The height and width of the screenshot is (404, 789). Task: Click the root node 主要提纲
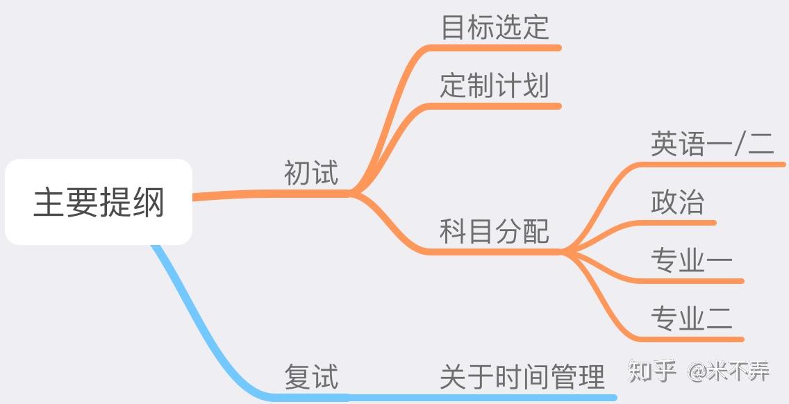(99, 202)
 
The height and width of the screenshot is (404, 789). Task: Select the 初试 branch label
(310, 173)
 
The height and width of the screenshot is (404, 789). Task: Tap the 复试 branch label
(310, 377)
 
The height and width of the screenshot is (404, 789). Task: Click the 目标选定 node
(495, 27)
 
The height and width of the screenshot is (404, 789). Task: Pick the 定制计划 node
(495, 86)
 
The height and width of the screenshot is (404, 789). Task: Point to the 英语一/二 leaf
(712, 144)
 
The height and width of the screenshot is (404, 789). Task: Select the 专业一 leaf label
(691, 260)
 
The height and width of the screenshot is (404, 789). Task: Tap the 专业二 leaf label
(691, 319)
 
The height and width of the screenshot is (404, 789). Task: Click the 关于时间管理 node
(522, 377)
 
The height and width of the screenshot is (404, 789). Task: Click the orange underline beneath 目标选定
(500, 48)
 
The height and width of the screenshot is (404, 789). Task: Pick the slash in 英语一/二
(740, 144)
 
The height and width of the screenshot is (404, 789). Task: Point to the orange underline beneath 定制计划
(500, 106)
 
